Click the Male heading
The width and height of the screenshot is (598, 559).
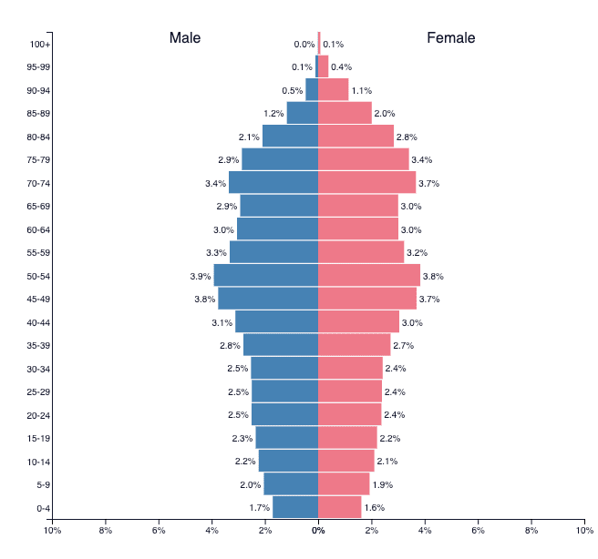(x=185, y=38)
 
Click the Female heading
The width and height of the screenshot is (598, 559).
(x=450, y=38)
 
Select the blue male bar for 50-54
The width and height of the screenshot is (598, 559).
(x=266, y=276)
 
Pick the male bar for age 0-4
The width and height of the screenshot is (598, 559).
(x=295, y=507)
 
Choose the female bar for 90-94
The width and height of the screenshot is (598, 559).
(x=333, y=90)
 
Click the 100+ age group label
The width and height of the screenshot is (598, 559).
(x=39, y=44)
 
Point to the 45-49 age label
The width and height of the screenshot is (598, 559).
(x=38, y=299)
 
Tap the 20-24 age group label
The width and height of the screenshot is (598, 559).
(x=38, y=415)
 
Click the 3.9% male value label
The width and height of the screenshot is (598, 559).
(x=201, y=276)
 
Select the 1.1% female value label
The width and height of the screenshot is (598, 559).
(x=362, y=90)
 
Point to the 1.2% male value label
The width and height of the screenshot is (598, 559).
(x=273, y=114)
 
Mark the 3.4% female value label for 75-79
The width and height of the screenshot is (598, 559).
(x=421, y=160)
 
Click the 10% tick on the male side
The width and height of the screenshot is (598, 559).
(x=52, y=530)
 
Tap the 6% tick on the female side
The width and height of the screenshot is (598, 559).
(x=478, y=530)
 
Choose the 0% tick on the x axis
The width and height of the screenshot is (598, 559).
(x=318, y=530)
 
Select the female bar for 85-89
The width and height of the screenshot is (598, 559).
(x=345, y=113)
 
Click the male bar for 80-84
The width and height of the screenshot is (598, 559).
(x=290, y=137)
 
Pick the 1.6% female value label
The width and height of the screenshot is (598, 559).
(x=374, y=507)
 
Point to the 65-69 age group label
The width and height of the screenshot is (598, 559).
(x=38, y=207)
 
